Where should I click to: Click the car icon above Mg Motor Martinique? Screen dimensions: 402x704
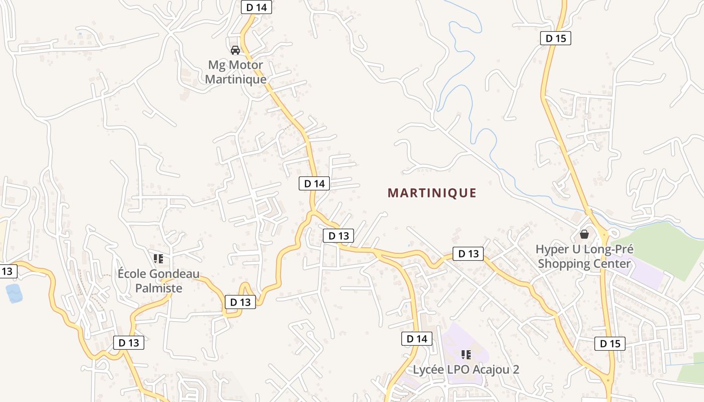[x=235, y=50]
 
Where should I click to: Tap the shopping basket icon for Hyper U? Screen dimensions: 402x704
[x=584, y=234]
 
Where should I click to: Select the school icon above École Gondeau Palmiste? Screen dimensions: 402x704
[x=158, y=259]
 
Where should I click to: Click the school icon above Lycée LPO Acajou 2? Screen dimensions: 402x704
[x=466, y=355]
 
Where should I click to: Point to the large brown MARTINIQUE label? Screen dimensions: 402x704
[x=432, y=193]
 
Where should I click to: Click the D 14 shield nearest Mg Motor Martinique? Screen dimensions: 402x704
[x=256, y=7]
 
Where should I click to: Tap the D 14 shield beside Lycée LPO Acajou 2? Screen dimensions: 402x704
[x=417, y=339]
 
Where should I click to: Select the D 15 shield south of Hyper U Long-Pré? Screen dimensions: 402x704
[x=610, y=344]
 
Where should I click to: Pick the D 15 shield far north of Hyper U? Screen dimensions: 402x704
[x=556, y=38]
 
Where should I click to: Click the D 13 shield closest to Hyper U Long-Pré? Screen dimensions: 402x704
[x=468, y=254]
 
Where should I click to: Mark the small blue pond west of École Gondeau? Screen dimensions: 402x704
[x=14, y=293]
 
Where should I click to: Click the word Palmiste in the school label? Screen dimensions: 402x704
[x=158, y=288]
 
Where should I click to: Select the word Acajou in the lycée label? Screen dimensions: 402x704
[x=488, y=370]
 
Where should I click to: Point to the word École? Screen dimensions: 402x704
[x=132, y=274]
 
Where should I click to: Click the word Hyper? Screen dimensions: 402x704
[x=552, y=249]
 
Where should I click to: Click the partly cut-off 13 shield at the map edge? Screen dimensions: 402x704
[x=7, y=271]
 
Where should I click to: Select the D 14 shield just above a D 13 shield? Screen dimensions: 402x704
[x=315, y=183]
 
